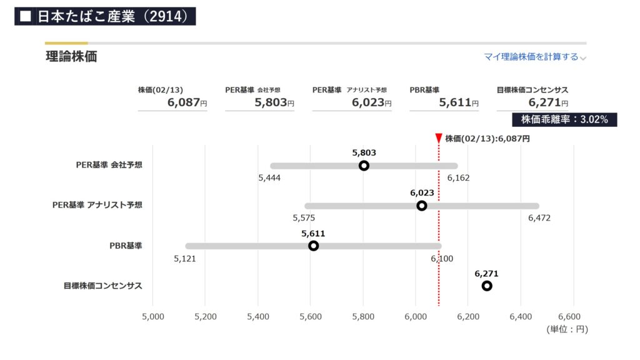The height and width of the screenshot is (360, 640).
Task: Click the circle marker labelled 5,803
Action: tap(364, 166)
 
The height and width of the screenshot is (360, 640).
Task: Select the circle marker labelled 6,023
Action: tap(422, 206)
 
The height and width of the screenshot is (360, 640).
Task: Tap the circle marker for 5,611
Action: tap(313, 246)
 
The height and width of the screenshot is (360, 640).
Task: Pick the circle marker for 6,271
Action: tap(487, 286)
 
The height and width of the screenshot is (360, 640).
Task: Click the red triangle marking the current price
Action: tap(439, 138)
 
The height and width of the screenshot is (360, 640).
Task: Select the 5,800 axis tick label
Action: tap(363, 316)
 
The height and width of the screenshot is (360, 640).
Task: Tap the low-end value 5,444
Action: tap(269, 178)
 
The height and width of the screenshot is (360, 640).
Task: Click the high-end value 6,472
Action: tap(539, 218)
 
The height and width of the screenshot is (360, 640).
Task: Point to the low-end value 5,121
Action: tap(185, 258)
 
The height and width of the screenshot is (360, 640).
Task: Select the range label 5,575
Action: tap(304, 218)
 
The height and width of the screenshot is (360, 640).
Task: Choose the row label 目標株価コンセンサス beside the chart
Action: tap(102, 286)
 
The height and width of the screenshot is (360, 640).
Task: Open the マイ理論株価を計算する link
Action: tap(531, 57)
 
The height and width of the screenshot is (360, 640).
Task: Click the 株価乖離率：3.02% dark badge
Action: tap(564, 119)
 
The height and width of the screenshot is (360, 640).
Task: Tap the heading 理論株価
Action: tap(71, 57)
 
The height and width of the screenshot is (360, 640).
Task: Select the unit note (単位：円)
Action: tap(567, 329)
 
